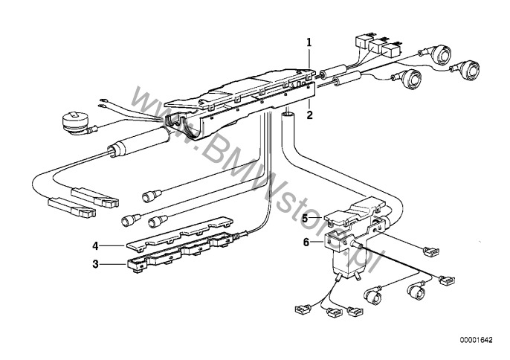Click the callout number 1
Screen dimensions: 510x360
coord(309,42)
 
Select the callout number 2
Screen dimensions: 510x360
coord(309,115)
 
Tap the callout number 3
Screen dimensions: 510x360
coord(95,264)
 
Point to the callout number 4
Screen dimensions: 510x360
coord(95,246)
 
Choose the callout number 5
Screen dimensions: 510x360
coord(305,218)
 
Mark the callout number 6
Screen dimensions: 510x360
coord(306,242)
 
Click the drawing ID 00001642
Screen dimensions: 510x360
coord(476,340)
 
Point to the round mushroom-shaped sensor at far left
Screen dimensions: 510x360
coord(76,121)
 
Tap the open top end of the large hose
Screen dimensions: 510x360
coord(288,115)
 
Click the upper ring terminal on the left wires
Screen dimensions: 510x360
coord(104,100)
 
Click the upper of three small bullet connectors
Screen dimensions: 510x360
coord(152,196)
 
